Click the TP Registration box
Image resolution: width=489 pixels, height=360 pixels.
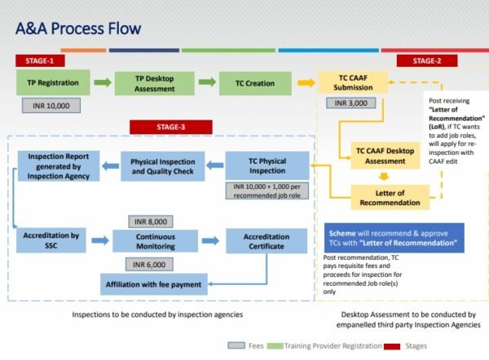[x=53, y=82]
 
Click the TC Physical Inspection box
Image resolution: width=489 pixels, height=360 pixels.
[x=267, y=165]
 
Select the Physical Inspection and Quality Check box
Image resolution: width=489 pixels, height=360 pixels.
[x=161, y=165]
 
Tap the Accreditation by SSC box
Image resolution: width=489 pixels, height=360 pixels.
[x=52, y=241]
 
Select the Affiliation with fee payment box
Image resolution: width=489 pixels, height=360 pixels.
[x=154, y=285]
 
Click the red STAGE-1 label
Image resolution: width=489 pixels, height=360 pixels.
[x=42, y=61]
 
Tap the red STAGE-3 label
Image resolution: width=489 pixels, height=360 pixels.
[x=171, y=126]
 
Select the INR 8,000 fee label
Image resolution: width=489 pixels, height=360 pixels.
[x=154, y=221]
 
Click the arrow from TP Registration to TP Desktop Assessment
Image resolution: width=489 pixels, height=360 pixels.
[x=101, y=82]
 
